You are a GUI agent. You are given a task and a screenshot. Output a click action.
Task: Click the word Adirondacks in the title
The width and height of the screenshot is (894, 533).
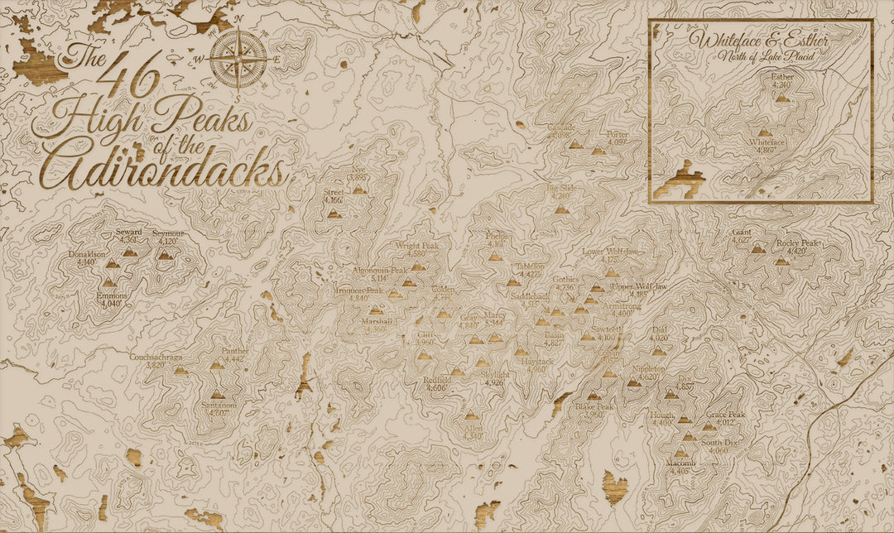tap(162, 170)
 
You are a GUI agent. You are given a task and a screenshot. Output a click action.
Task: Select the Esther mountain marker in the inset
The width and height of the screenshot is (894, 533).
tap(782, 97)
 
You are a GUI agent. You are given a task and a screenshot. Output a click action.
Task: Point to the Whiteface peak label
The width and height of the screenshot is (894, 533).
tap(766, 146)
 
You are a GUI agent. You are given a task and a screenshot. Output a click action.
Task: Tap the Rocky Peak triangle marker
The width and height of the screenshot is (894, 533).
tap(782, 261)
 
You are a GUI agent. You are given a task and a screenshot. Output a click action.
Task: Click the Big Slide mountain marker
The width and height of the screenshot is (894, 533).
tap(562, 209)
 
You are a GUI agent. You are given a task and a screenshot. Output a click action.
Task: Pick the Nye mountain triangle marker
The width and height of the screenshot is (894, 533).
tap(358, 190)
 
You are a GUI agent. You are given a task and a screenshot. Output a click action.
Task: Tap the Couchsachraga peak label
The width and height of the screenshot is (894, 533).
tap(155, 361)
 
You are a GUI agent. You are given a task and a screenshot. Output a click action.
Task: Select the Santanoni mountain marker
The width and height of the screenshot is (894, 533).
tap(218, 395)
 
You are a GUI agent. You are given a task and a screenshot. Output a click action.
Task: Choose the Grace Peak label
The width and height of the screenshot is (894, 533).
tap(726, 419)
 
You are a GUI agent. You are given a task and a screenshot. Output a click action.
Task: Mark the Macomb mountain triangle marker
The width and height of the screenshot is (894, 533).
tap(680, 453)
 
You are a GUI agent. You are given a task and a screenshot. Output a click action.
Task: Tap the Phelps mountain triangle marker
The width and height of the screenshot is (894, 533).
tap(496, 257)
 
